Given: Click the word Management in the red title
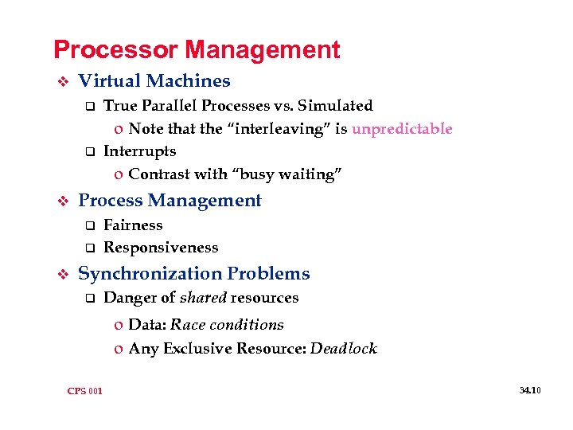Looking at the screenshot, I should coord(263,50).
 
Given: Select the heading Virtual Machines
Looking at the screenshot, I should coord(154,81).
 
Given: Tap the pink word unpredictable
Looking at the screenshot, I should coord(402,129).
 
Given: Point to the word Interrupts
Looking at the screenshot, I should coord(140,151).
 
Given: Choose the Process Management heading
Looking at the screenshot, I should coord(170,201).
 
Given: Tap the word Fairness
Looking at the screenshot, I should coord(133,225).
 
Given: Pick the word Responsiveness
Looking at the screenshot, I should coord(161,248).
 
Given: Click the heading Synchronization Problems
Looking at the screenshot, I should coord(194,274).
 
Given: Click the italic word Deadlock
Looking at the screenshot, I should coord(343,349).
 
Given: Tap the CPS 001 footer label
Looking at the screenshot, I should coord(85,390).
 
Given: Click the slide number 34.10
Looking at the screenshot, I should coord(530,390).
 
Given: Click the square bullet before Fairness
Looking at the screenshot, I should coord(90,226).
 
